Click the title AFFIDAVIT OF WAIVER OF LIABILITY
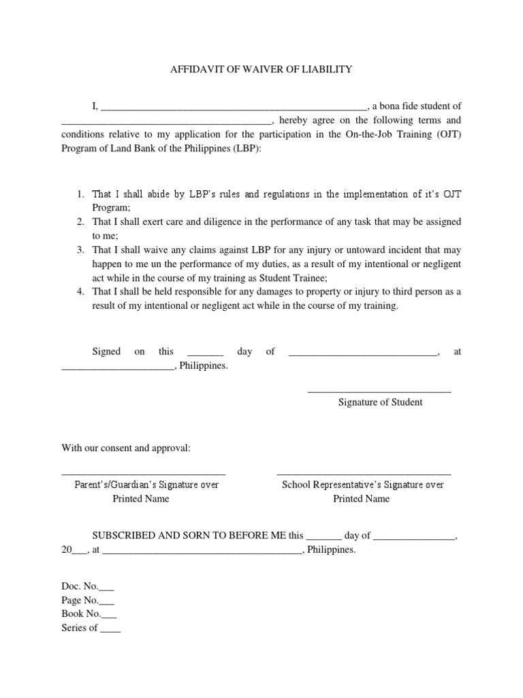pos(261,69)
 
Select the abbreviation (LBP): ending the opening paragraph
pos(244,149)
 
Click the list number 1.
pos(80,194)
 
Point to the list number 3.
pos(80,250)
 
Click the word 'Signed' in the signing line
pos(106,352)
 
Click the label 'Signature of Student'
pos(380,402)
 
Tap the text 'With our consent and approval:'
pos(126,449)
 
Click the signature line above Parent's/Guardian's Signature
pos(143,474)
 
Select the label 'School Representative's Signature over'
pos(363,485)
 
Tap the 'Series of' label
pos(80,628)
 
